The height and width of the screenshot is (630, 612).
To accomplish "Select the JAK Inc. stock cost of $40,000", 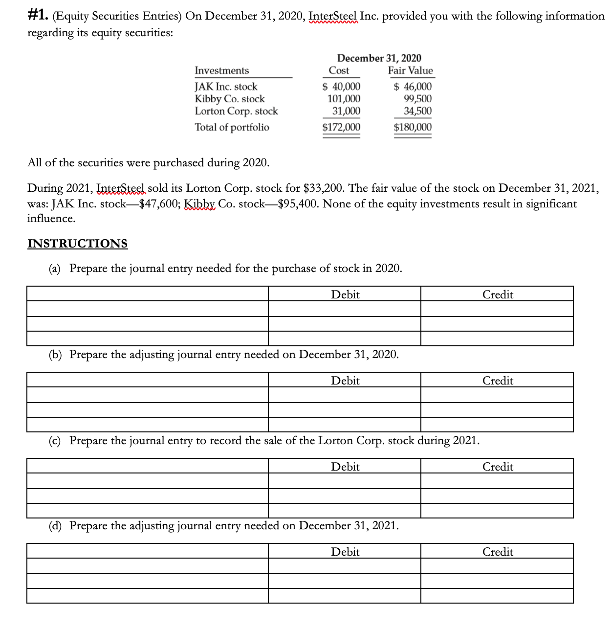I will pos(342,87).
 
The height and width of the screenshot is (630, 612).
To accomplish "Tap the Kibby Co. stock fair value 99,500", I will pos(417,99).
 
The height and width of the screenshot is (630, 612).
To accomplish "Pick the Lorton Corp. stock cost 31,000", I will pos(346,111).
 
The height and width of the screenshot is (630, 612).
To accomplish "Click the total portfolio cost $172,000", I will pos(341,128).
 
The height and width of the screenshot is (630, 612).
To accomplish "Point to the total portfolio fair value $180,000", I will pos(413,128).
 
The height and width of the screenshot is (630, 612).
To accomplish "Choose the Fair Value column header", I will pos(410,70).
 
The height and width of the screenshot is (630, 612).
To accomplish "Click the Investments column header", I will pos(221,70).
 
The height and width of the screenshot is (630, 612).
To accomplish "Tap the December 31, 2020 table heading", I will pos(379,58).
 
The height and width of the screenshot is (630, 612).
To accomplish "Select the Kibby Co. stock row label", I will pos(229,99).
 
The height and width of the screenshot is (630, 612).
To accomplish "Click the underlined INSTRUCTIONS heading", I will pos(77,244).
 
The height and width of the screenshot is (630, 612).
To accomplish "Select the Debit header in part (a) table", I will pos(345,294).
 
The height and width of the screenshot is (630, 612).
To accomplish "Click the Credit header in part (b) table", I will pos(498,381).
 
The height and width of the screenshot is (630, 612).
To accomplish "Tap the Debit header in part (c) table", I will pos(345,467).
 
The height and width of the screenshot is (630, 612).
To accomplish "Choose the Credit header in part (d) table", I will pos(498,552).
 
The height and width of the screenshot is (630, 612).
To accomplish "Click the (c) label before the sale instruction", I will pos(55,441).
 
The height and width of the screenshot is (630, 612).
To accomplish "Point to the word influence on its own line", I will pos(51,219).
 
